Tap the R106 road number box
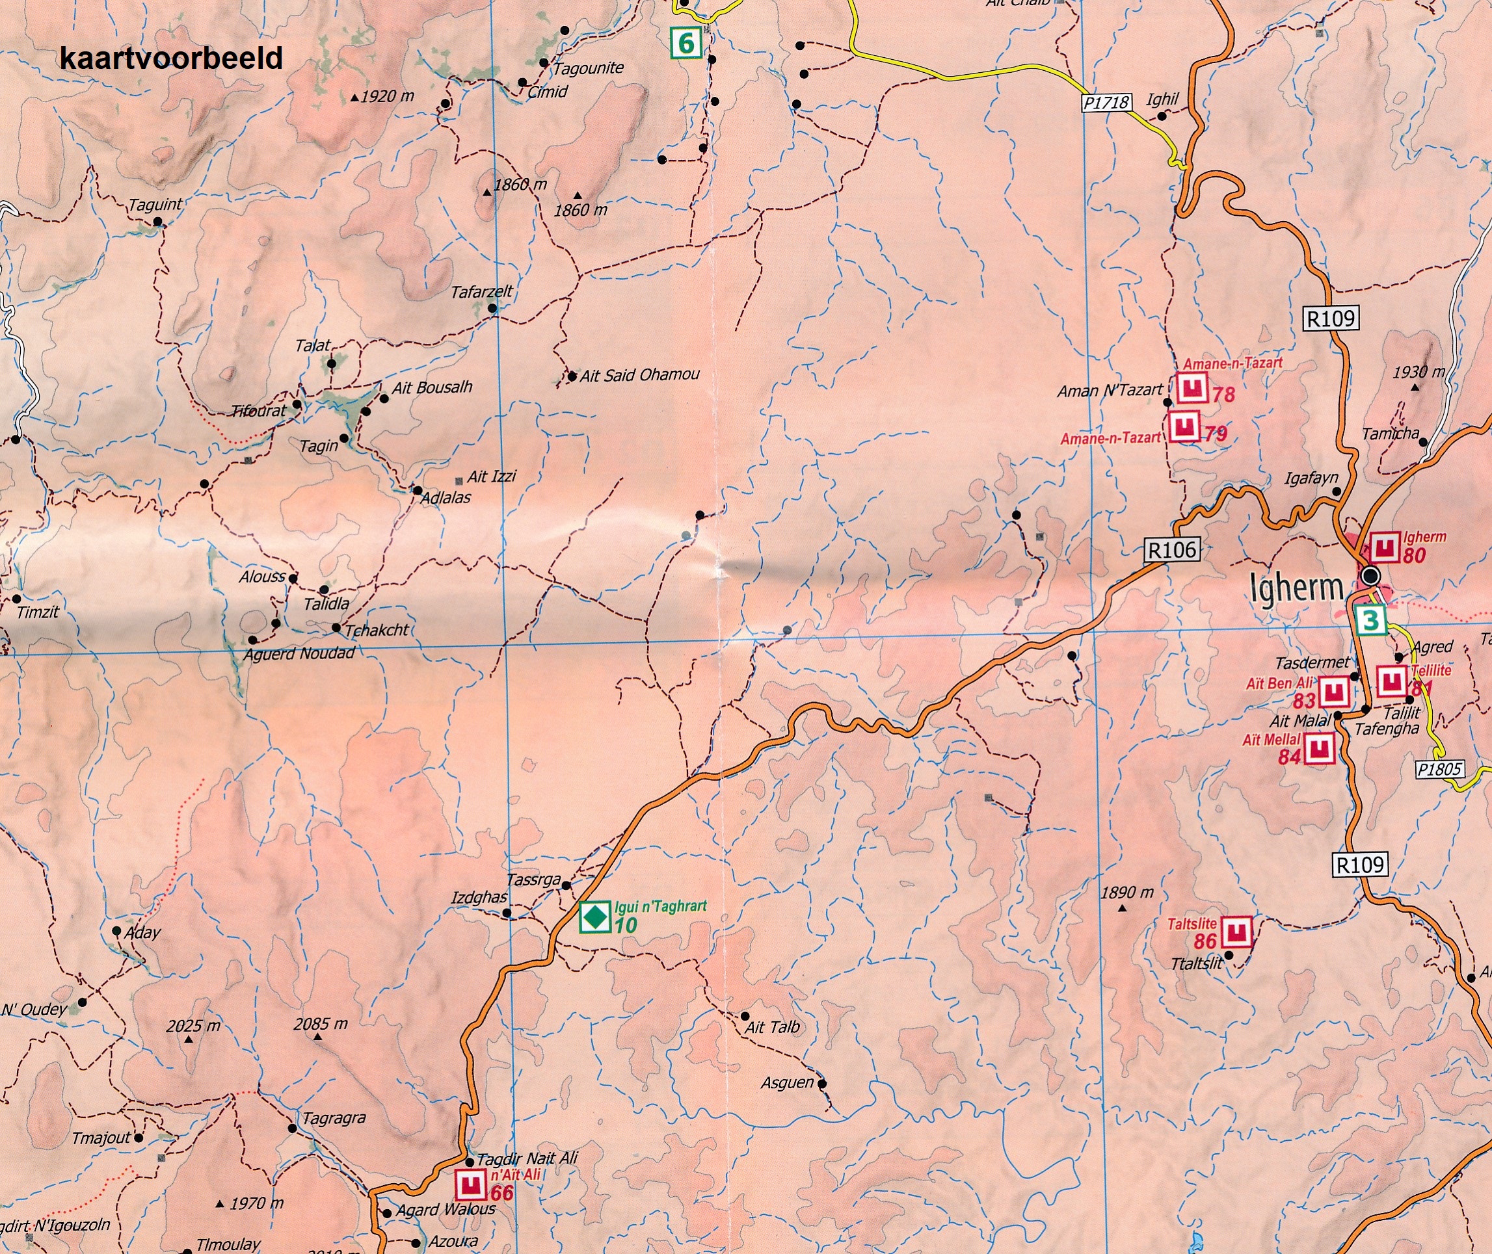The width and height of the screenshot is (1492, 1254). pyautogui.click(x=1172, y=549)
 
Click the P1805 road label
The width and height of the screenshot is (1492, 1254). pyautogui.click(x=1439, y=769)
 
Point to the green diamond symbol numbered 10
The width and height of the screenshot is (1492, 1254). pyautogui.click(x=594, y=917)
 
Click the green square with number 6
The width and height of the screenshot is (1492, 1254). pyautogui.click(x=686, y=43)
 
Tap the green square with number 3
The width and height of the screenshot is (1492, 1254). pyautogui.click(x=1370, y=621)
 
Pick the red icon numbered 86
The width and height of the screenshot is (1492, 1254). pyautogui.click(x=1236, y=932)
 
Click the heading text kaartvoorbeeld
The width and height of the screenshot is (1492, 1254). pyautogui.click(x=170, y=59)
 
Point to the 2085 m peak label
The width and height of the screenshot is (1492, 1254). pyautogui.click(x=321, y=1025)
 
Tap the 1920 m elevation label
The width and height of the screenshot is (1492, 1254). pyautogui.click(x=386, y=97)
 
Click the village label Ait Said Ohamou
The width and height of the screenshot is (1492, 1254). pyautogui.click(x=639, y=374)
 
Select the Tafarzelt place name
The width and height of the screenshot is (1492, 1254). pyautogui.click(x=481, y=292)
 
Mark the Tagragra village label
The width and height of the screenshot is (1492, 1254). pyautogui.click(x=334, y=1118)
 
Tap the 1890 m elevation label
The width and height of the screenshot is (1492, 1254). pyautogui.click(x=1126, y=893)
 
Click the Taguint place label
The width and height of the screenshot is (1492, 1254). pyautogui.click(x=154, y=205)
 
